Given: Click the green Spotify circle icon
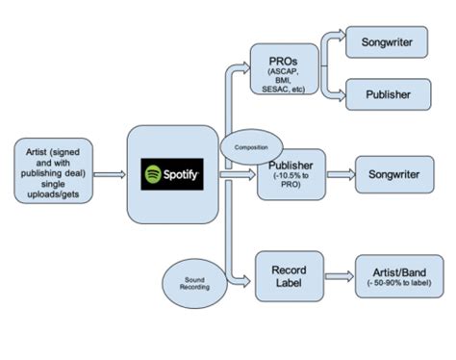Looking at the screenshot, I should [152, 175].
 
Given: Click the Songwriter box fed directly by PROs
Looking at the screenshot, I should [391, 42].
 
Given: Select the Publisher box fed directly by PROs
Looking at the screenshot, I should [391, 95].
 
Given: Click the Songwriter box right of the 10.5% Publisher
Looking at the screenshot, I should [392, 174].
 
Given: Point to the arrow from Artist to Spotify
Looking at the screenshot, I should [111, 175].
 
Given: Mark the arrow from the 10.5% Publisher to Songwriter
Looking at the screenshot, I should [338, 174].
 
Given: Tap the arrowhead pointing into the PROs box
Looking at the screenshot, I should [245, 67].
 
